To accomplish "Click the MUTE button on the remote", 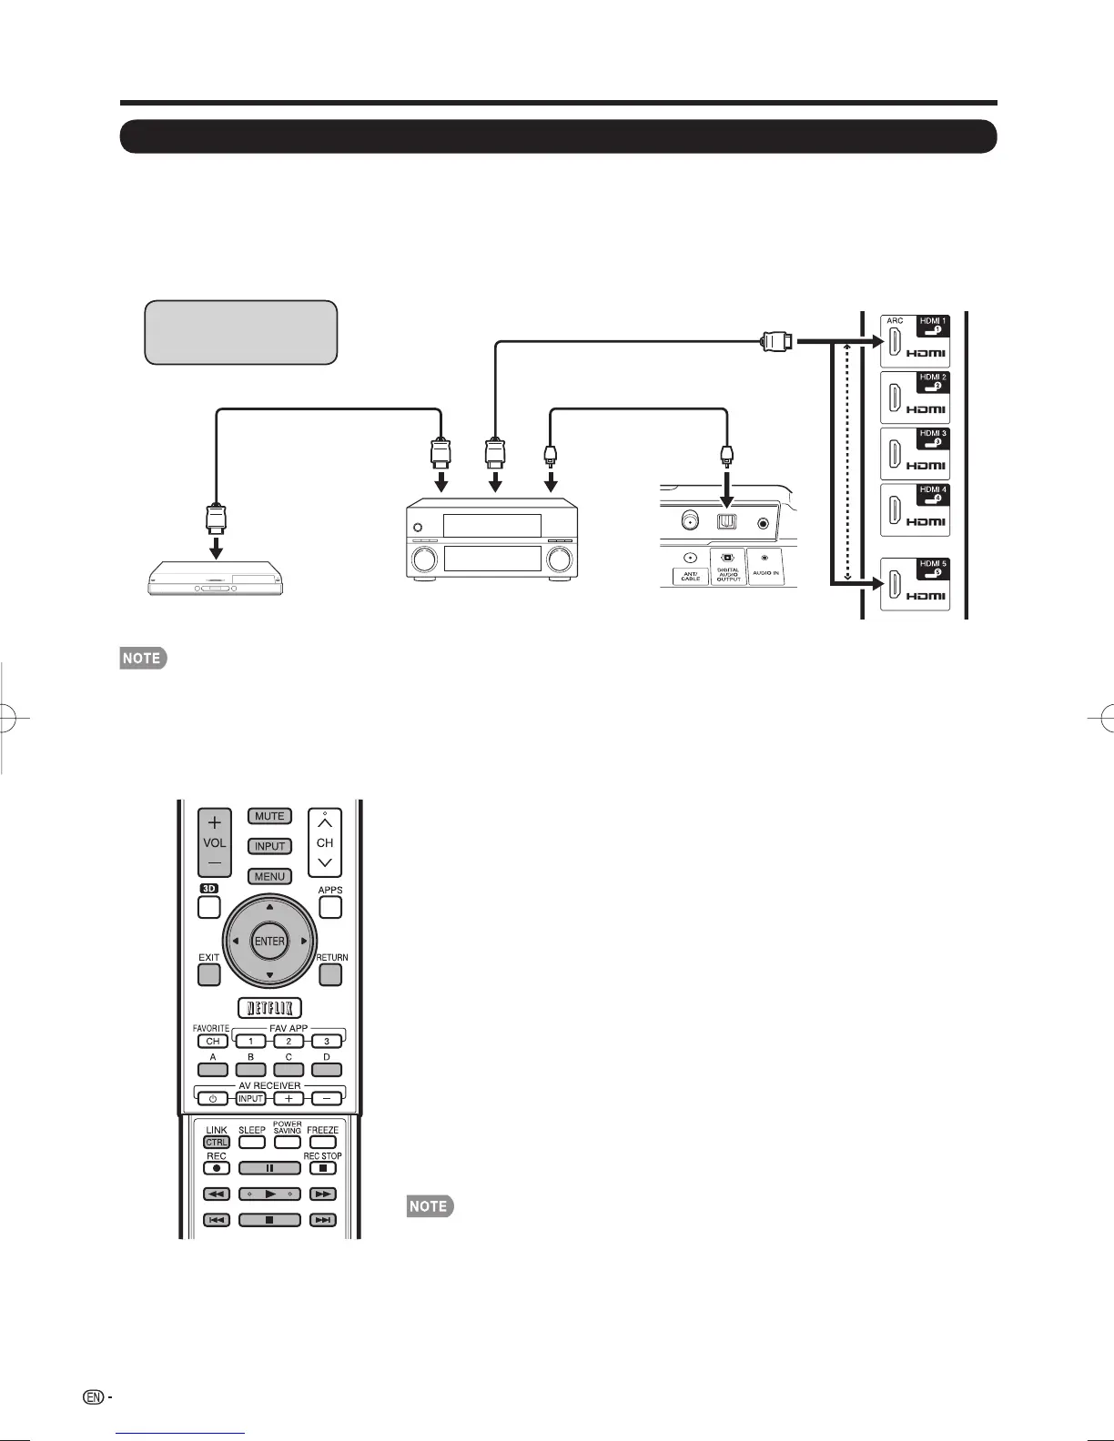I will [x=269, y=816].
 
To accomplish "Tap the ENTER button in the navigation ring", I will [x=269, y=942].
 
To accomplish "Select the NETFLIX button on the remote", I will [x=269, y=1007].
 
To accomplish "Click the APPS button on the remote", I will [x=330, y=907].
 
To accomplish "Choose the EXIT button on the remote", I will [x=209, y=974].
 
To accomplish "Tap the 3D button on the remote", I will [x=209, y=907].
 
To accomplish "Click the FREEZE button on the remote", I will [x=322, y=1142].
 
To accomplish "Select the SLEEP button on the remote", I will [x=252, y=1142].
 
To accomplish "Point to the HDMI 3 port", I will [x=896, y=453].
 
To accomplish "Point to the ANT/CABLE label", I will [x=690, y=575].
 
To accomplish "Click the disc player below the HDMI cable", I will [x=216, y=579].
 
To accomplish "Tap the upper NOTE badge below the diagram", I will [x=143, y=659].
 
